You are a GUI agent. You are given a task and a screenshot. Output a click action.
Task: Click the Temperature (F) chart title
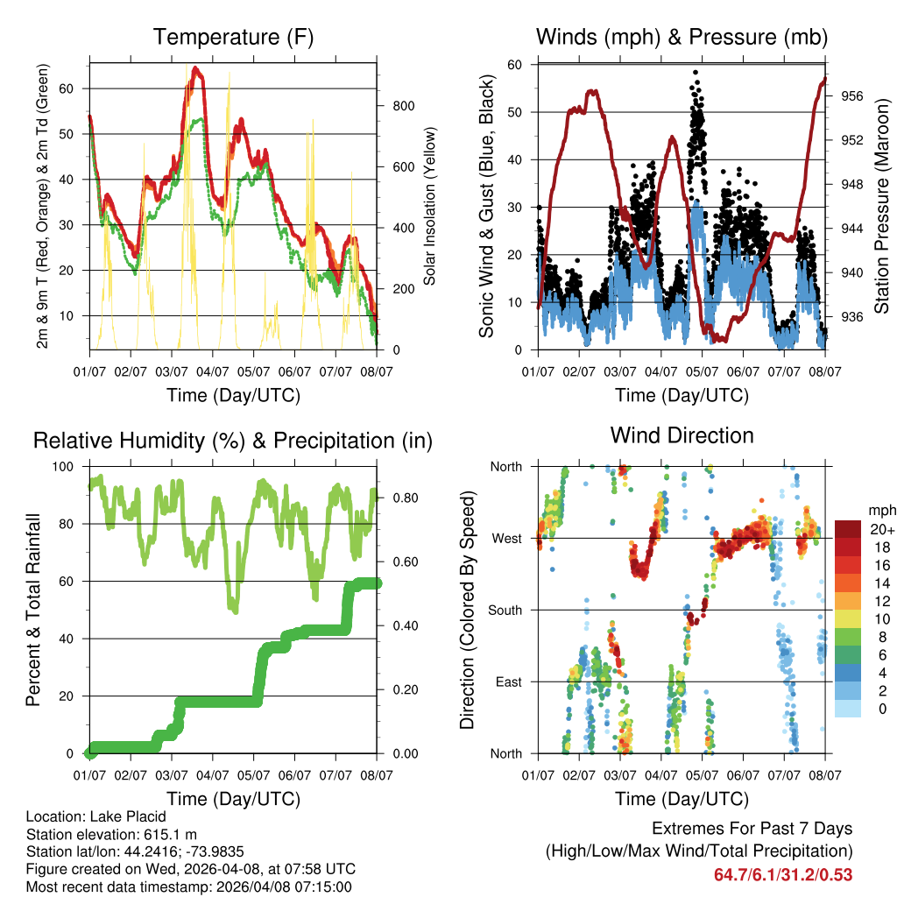coord(233,38)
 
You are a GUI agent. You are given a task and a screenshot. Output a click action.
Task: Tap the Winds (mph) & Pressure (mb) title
coord(682,38)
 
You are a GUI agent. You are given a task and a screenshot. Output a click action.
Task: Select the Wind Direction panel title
coord(682,435)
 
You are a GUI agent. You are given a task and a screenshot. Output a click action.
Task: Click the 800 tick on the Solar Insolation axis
coord(404,106)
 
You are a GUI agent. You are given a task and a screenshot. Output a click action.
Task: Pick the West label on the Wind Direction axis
coord(506,538)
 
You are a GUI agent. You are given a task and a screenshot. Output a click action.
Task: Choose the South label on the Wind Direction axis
coord(505,610)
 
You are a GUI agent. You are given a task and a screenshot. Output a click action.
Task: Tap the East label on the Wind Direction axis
coord(507,682)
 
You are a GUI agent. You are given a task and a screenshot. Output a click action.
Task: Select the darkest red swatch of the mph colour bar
coord(847,529)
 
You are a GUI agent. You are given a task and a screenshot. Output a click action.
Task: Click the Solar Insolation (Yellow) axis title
coord(430,207)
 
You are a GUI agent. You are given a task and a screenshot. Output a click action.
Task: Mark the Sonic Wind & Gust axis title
coord(487,207)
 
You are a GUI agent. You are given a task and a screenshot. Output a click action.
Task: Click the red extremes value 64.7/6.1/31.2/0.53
coord(782,874)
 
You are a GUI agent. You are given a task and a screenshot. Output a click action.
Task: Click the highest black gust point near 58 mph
coord(696,73)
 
